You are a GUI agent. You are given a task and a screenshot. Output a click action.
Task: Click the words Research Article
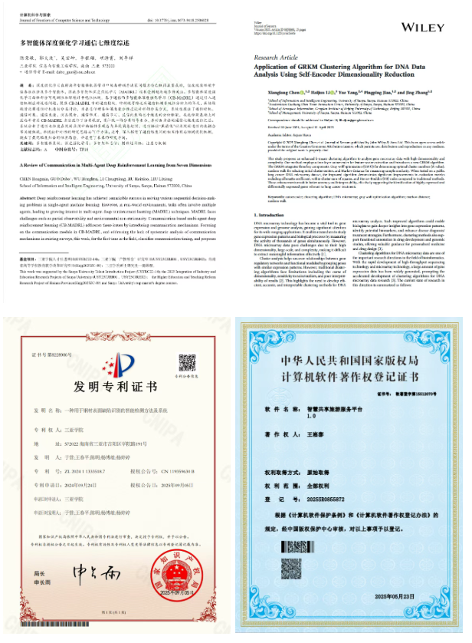click(279, 58)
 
